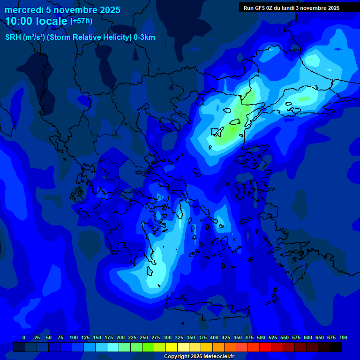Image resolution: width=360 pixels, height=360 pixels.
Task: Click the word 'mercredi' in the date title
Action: tap(22, 10)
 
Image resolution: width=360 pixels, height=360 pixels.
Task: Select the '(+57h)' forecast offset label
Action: tap(81, 21)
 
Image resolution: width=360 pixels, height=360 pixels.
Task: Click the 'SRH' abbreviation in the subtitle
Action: tap(13, 37)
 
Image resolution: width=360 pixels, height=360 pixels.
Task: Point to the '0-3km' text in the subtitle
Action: tap(144, 37)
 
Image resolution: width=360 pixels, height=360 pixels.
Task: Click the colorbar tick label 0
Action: tap(24, 337)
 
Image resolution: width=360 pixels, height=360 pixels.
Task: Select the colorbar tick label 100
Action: tap(74, 337)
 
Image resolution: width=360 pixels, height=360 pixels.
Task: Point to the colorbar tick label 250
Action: tap(144, 337)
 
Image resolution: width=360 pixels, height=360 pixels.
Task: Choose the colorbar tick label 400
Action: tap(214, 337)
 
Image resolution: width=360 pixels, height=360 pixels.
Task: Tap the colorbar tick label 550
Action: tap(285, 337)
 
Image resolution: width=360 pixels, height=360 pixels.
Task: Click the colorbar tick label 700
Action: tap(343, 337)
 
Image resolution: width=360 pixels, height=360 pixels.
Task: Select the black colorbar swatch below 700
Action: tap(336, 347)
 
